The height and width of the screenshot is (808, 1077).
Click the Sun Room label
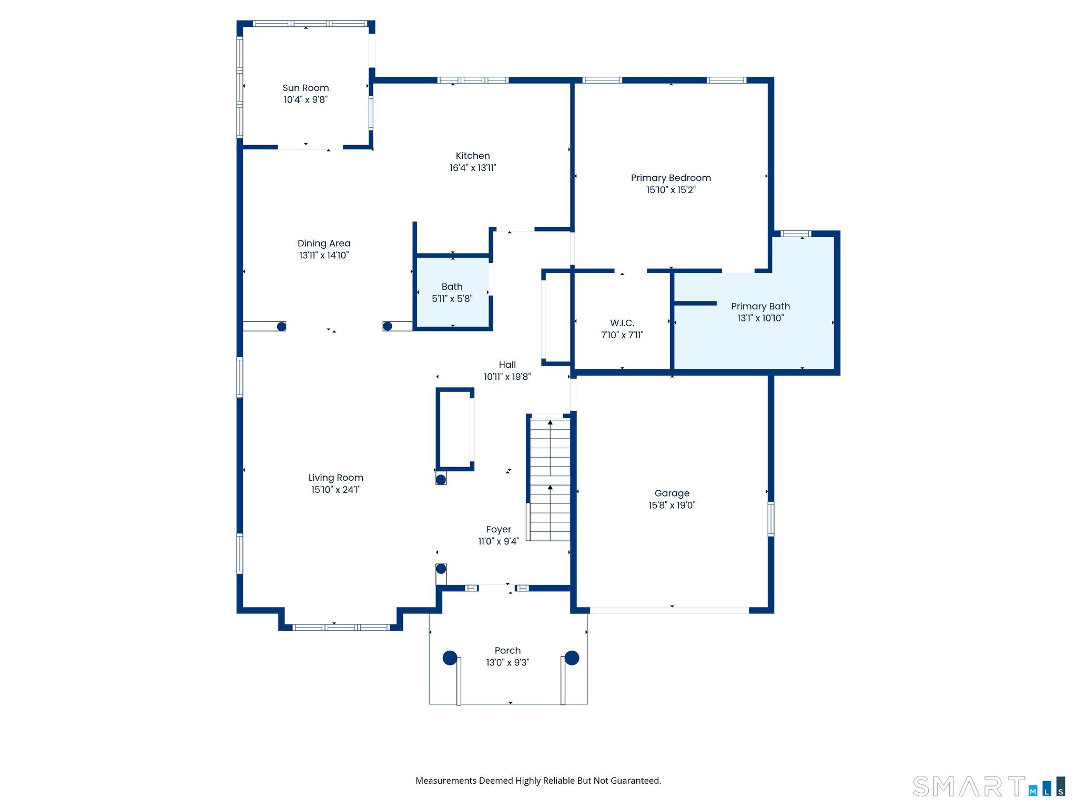click(306, 88)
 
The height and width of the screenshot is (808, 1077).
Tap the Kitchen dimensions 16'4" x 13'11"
click(472, 168)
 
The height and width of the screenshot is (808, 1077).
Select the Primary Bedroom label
click(670, 178)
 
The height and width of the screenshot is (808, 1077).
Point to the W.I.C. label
click(622, 323)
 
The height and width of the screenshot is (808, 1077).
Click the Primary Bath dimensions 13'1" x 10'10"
click(760, 318)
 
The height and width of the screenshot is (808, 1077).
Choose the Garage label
click(672, 493)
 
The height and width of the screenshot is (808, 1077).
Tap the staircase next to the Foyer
click(550, 479)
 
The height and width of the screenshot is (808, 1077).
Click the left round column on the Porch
click(450, 658)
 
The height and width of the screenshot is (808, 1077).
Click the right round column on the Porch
click(572, 658)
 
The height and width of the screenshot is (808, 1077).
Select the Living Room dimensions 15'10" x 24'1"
click(336, 490)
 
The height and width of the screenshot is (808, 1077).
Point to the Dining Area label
click(324, 243)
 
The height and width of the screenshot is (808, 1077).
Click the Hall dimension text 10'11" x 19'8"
click(507, 377)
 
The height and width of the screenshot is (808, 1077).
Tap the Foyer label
click(499, 529)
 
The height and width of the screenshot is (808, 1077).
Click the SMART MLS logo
click(989, 786)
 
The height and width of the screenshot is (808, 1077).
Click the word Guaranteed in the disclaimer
click(636, 781)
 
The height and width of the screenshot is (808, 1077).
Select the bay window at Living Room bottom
click(341, 627)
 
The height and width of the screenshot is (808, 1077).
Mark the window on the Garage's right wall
click(770, 519)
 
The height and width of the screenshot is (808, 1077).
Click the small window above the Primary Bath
click(795, 234)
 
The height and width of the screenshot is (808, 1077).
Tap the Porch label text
click(507, 650)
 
